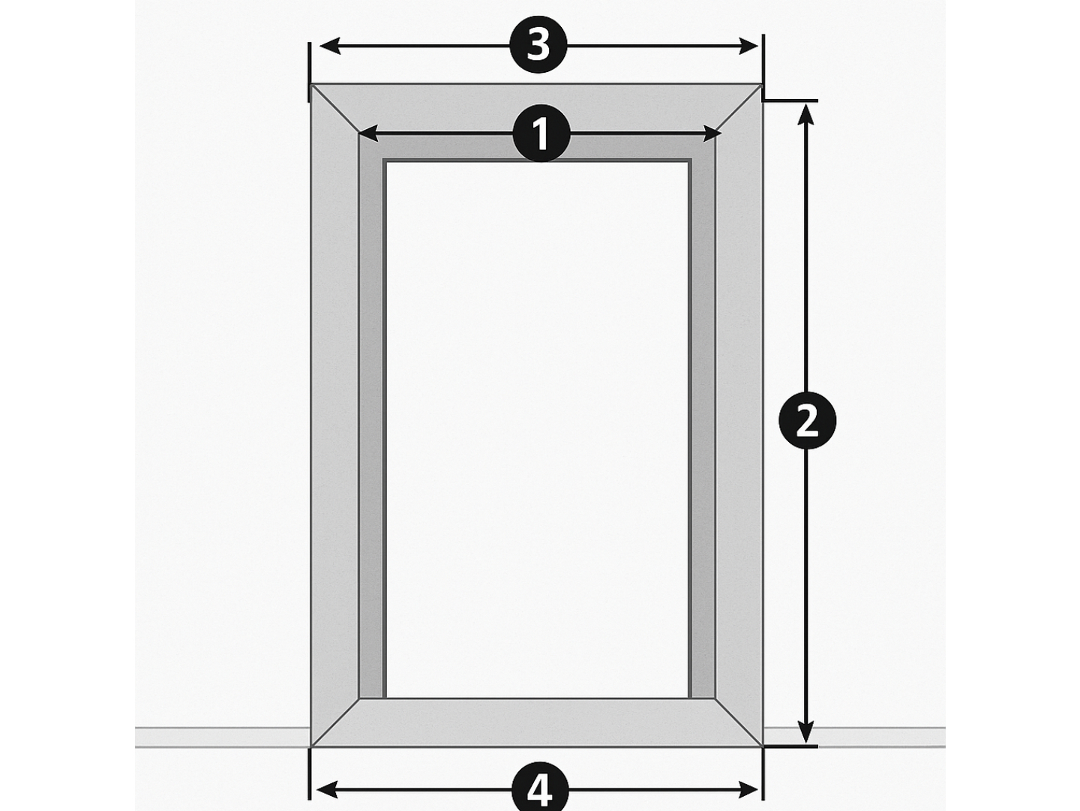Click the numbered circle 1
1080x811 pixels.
click(x=541, y=133)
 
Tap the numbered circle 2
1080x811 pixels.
click(x=807, y=420)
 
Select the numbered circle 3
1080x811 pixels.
click(x=538, y=45)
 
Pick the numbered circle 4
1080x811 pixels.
click(x=540, y=791)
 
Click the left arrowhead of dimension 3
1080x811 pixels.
click(x=328, y=46)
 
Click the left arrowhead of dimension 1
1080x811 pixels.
click(x=369, y=133)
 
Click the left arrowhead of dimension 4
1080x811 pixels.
click(x=326, y=790)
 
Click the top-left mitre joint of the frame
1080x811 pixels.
click(x=334, y=109)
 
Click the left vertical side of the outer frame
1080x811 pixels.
click(x=334, y=416)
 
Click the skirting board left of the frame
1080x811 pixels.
click(x=223, y=737)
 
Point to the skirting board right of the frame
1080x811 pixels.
click(x=854, y=737)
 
